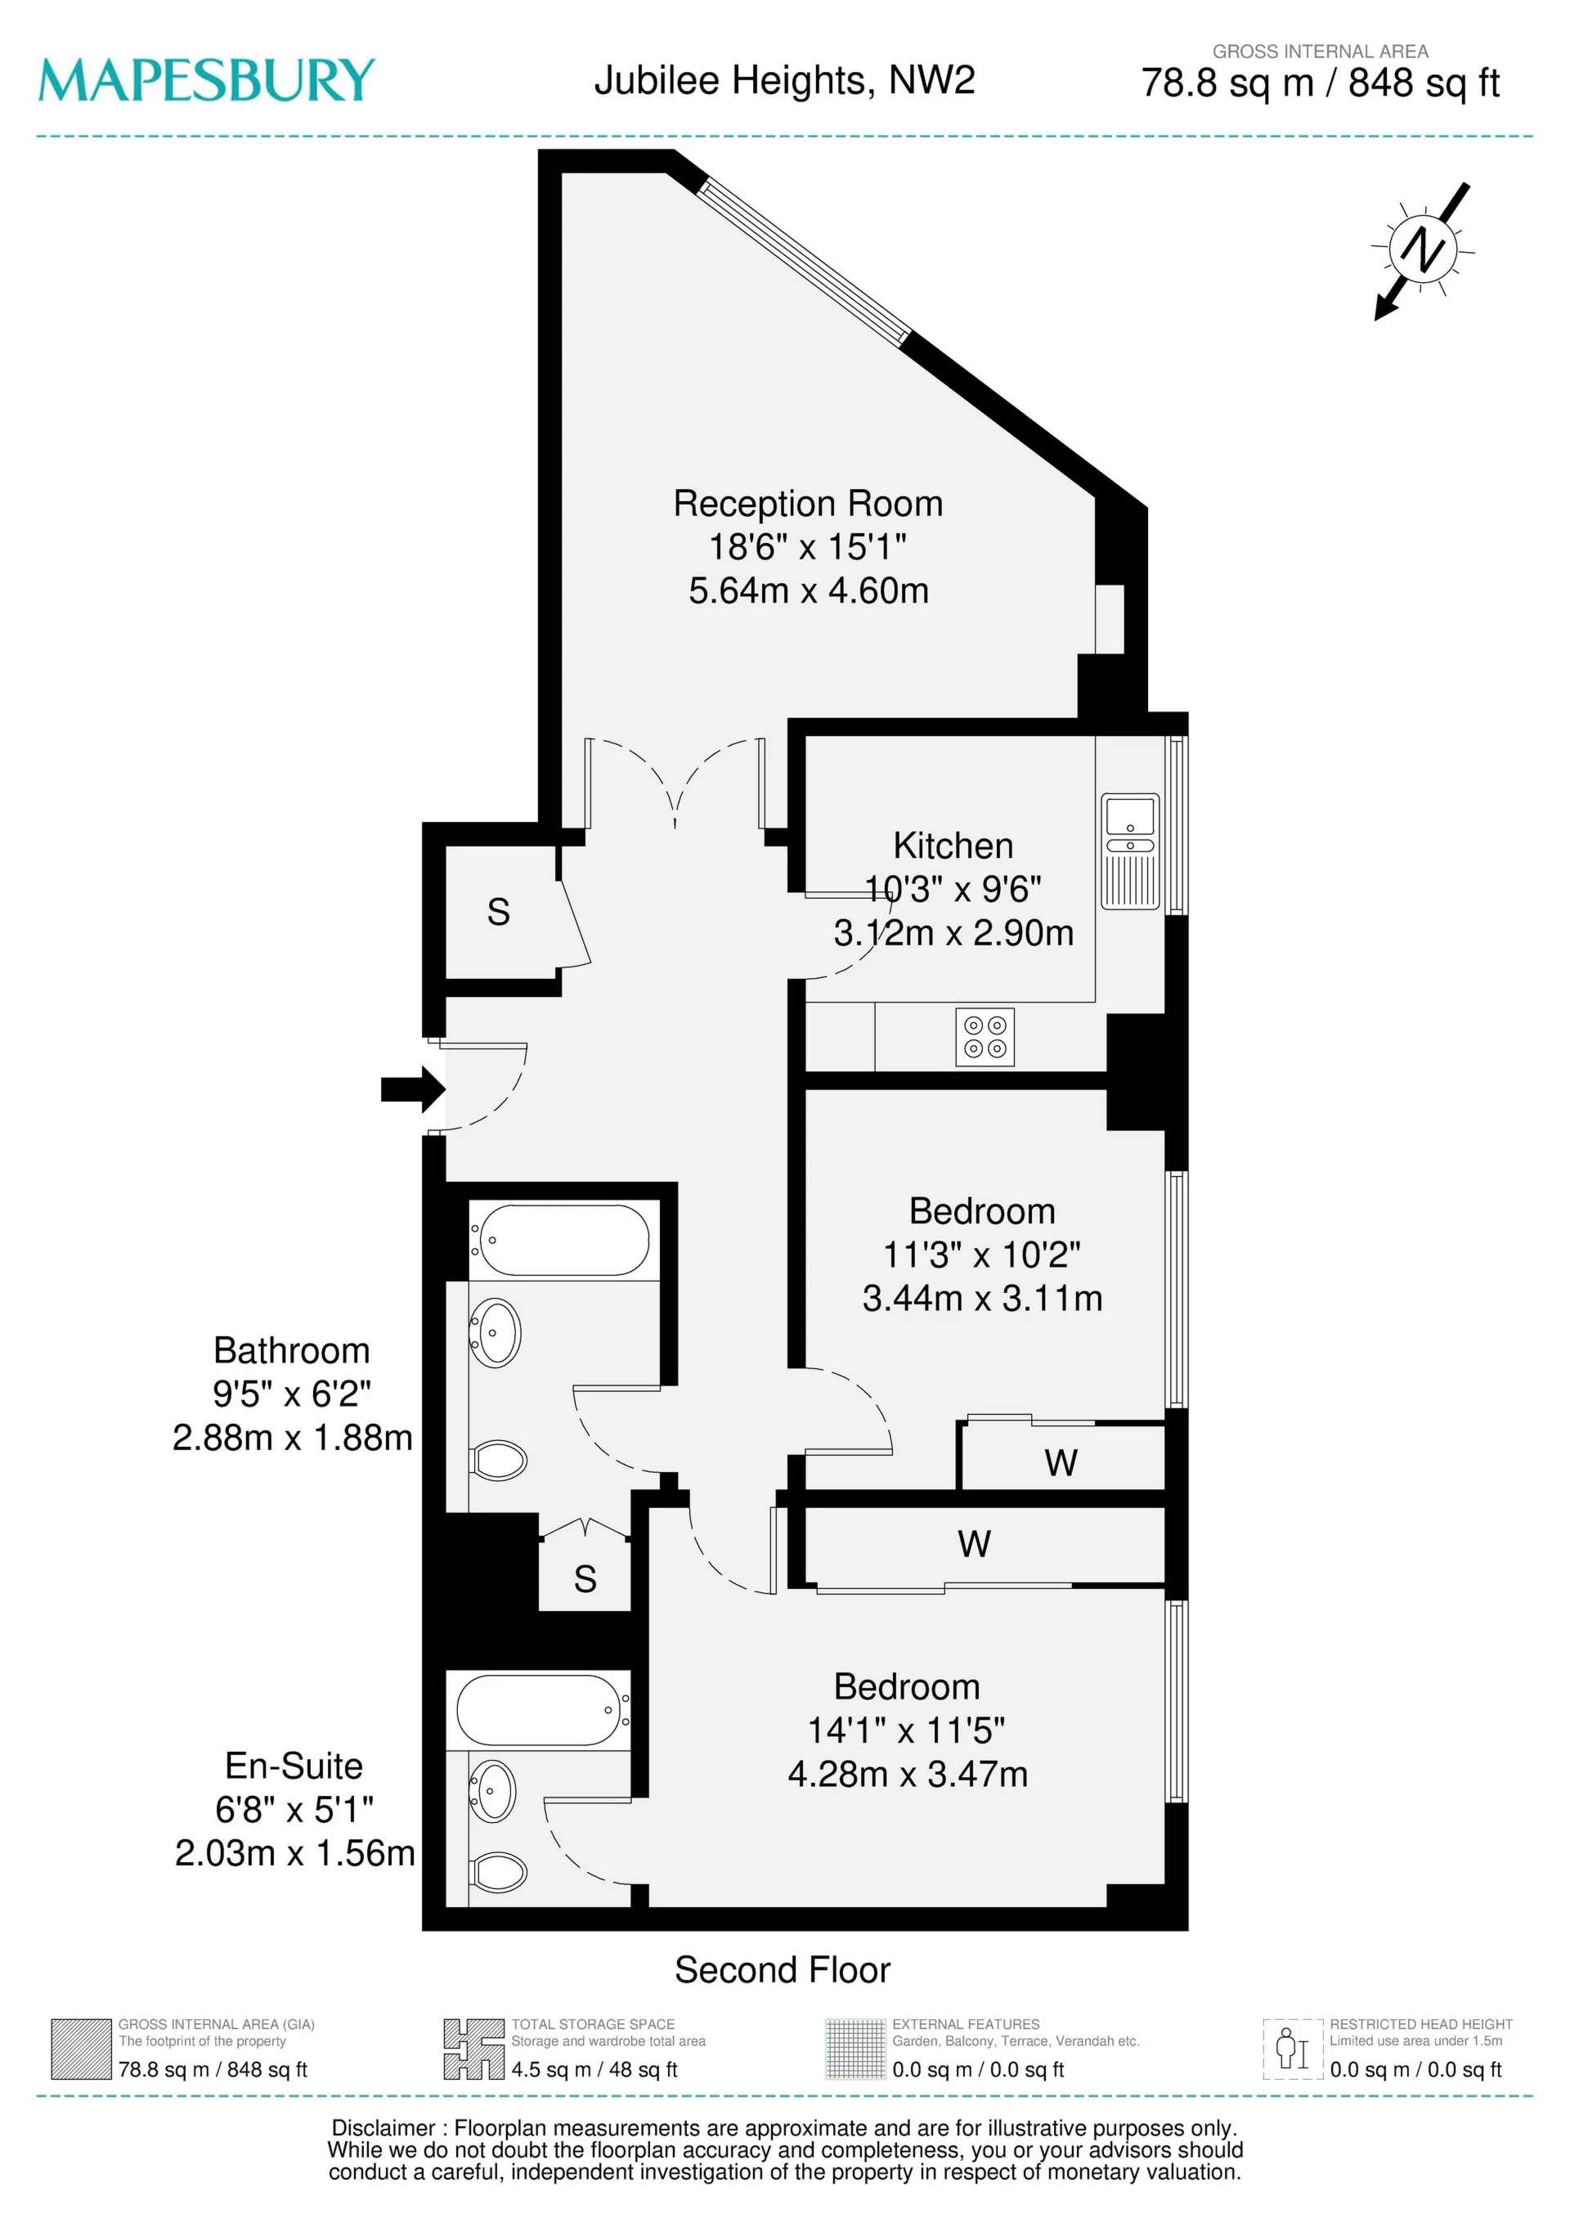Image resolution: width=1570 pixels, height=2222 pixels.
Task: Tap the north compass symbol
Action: [1422, 249]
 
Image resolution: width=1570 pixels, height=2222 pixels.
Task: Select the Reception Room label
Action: [807, 505]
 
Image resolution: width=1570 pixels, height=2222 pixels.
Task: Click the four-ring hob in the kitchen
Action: [985, 1038]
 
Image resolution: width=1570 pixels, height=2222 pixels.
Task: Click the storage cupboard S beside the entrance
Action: [499, 912]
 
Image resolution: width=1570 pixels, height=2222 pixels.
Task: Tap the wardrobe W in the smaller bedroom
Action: [1061, 1462]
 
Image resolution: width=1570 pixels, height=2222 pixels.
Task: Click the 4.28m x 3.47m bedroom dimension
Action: [907, 1774]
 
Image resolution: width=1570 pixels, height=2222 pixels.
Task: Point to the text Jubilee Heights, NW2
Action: [784, 80]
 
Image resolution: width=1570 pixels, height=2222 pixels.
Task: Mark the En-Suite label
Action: [294, 1766]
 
